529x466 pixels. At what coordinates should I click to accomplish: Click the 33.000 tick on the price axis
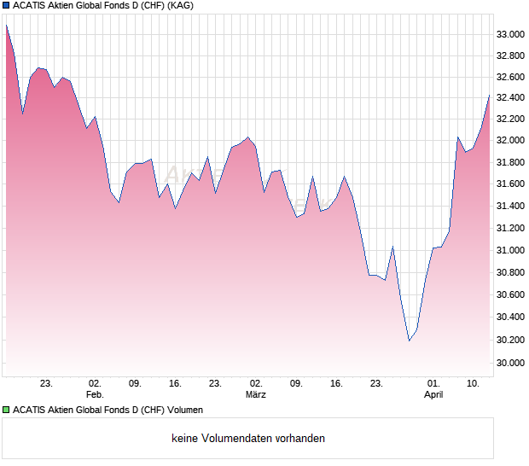pyautogui.click(x=509, y=34)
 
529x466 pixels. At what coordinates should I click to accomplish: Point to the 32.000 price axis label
pyautogui.click(x=509, y=140)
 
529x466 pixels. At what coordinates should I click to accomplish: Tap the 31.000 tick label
pyautogui.click(x=509, y=250)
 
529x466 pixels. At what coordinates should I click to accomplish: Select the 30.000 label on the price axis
pyautogui.click(x=509, y=363)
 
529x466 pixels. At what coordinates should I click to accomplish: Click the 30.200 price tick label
pyautogui.click(x=509, y=340)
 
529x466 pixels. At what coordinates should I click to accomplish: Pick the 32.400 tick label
pyautogui.click(x=509, y=97)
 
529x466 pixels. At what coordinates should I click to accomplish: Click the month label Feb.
pyautogui.click(x=95, y=395)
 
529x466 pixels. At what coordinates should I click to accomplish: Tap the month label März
pyautogui.click(x=255, y=395)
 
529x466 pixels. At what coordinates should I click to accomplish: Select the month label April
pyautogui.click(x=433, y=395)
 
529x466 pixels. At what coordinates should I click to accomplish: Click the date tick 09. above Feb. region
pyautogui.click(x=135, y=384)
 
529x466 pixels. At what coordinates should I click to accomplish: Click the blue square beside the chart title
pyautogui.click(x=7, y=6)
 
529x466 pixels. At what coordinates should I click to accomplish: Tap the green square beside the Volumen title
pyautogui.click(x=7, y=411)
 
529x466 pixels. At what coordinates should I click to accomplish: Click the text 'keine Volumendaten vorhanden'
pyautogui.click(x=248, y=439)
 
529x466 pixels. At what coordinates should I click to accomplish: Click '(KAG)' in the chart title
pyautogui.click(x=179, y=6)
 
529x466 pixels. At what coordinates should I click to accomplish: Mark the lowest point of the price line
pyautogui.click(x=409, y=341)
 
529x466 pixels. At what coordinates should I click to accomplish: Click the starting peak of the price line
pyautogui.click(x=7, y=26)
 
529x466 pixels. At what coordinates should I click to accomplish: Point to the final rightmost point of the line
pyautogui.click(x=489, y=96)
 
